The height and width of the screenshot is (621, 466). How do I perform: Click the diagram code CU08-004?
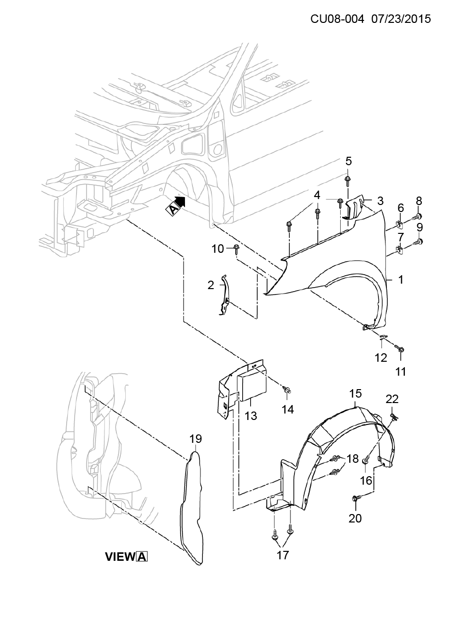point(337,19)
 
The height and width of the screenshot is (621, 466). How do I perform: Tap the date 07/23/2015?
point(401,19)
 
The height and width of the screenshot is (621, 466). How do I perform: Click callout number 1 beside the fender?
point(400,280)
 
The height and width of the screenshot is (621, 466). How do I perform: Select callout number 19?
point(195,439)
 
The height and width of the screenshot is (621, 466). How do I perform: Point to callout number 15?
point(356,393)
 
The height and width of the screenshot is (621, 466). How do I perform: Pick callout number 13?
point(251,415)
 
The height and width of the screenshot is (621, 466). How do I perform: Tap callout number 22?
point(392,399)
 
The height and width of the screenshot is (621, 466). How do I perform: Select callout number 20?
point(355,518)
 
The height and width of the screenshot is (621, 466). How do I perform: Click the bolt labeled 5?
point(348,181)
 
